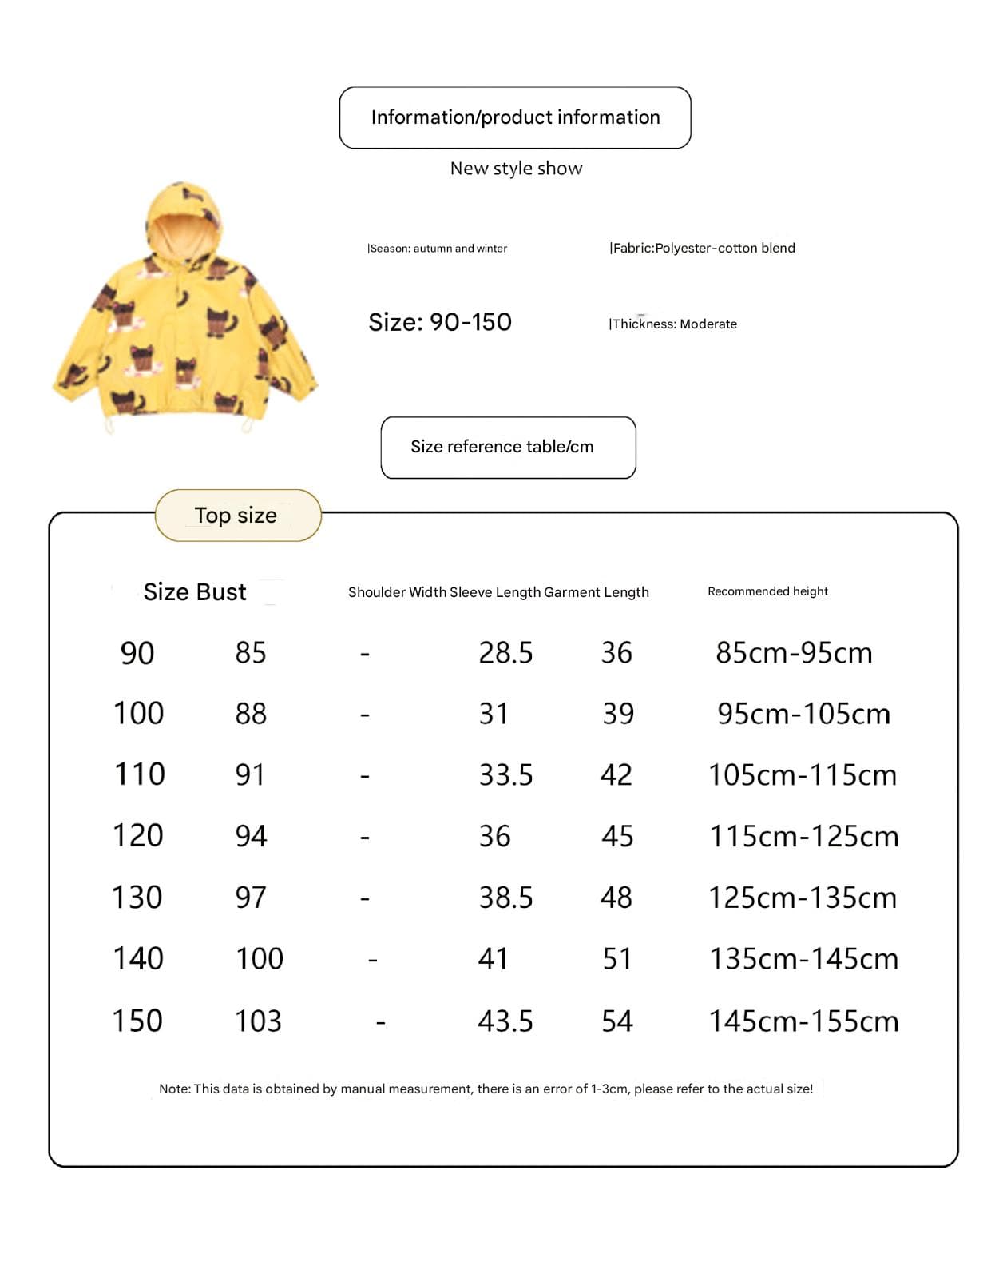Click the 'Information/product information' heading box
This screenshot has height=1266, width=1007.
(x=515, y=117)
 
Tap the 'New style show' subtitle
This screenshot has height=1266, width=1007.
(x=516, y=169)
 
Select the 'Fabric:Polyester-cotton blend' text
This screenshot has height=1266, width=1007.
(x=702, y=248)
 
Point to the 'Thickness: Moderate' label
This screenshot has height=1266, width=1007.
(x=673, y=324)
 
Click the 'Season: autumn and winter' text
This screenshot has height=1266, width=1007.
(x=437, y=249)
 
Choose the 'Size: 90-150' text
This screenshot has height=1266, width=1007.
(x=439, y=322)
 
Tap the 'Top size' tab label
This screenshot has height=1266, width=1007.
(x=236, y=516)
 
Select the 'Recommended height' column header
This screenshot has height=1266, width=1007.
(x=767, y=591)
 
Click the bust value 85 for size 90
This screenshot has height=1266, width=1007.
(x=251, y=653)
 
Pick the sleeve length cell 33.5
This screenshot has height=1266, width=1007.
(x=505, y=775)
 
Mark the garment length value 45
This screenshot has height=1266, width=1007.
(x=617, y=837)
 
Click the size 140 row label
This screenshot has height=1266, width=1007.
(x=138, y=958)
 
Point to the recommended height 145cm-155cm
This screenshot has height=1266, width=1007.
(x=803, y=1021)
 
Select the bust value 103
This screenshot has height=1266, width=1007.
(x=258, y=1021)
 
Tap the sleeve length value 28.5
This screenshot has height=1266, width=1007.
(x=505, y=653)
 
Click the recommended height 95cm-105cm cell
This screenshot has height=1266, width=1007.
(x=803, y=714)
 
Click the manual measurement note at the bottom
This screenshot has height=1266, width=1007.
(x=486, y=1089)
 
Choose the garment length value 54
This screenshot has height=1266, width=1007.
(x=617, y=1021)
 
